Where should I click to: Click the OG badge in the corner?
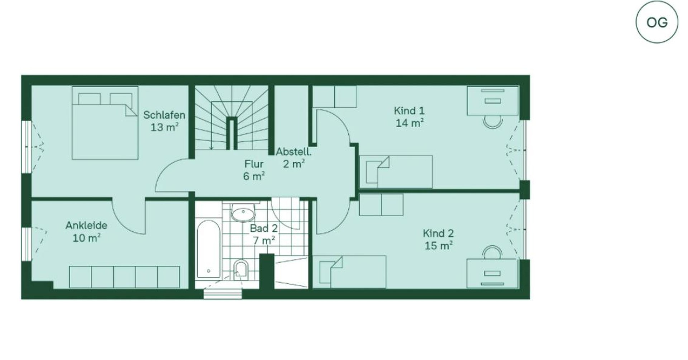coord(657,22)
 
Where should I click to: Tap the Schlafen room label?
coord(164,115)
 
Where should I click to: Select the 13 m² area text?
coord(164,127)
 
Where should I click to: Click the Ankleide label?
coord(86,226)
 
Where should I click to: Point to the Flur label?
coord(254,164)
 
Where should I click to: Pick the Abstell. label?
coord(293,152)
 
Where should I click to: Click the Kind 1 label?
coord(409,110)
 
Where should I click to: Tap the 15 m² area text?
coord(438,246)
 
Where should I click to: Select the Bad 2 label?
coord(264,228)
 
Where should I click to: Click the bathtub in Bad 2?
coord(208,249)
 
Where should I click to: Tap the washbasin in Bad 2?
coord(243,214)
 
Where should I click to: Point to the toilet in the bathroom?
coord(241,269)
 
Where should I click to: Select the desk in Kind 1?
coord(492,101)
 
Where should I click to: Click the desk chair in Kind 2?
coord(492,252)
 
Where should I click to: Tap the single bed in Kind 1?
coord(396,172)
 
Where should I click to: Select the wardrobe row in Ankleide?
coord(124,277)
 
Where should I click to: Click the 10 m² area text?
coord(86,238)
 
